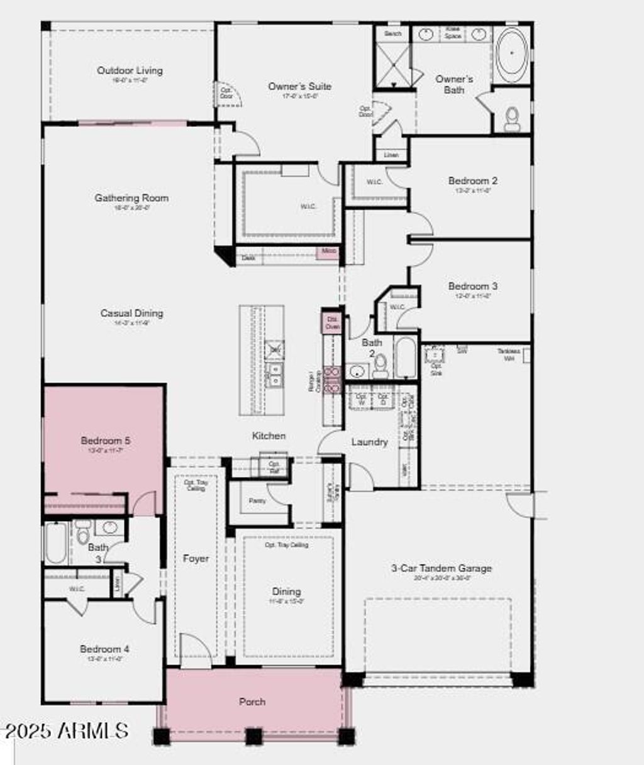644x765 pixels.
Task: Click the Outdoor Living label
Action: (x=130, y=70)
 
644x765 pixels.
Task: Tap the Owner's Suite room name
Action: (x=299, y=86)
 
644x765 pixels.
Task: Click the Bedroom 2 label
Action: (x=473, y=180)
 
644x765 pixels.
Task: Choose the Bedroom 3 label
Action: (x=473, y=286)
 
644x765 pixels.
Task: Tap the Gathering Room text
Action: (x=131, y=197)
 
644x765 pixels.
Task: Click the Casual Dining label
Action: (x=131, y=313)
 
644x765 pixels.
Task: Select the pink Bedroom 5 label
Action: (x=106, y=441)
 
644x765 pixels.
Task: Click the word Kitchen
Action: (x=269, y=436)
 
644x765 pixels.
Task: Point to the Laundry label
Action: (x=369, y=442)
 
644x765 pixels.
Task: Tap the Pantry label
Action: (x=257, y=501)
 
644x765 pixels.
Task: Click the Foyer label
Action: (x=196, y=558)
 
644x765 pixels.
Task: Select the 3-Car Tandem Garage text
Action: (x=441, y=568)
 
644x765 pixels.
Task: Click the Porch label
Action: (x=252, y=702)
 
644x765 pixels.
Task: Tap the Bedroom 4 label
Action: (x=104, y=649)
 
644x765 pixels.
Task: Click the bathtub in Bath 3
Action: (x=55, y=544)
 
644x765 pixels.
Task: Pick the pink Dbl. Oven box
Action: (x=332, y=323)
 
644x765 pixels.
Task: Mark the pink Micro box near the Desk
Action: (x=329, y=251)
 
